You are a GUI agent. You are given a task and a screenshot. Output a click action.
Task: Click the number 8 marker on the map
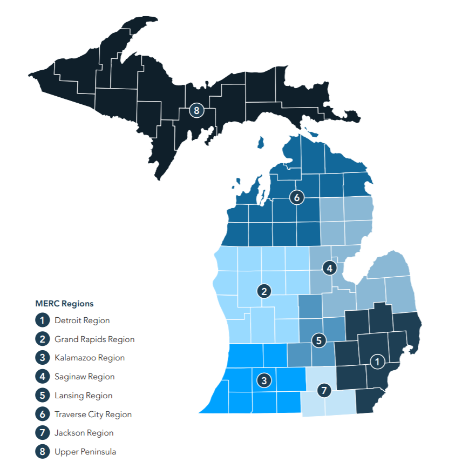196,111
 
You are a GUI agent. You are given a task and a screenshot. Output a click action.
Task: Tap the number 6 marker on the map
296,197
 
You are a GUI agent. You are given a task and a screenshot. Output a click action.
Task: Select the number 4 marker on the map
329,267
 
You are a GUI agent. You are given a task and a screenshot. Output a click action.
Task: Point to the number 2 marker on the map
264,291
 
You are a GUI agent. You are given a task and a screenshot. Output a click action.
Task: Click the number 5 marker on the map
319,340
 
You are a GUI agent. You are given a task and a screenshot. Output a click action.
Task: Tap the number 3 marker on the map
264,380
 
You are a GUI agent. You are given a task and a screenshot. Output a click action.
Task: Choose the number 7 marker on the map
324,390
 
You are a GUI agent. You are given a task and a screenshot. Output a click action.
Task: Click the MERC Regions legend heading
64,303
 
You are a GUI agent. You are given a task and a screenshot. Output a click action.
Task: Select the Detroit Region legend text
82,320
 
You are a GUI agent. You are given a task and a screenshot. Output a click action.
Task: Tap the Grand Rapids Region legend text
94,339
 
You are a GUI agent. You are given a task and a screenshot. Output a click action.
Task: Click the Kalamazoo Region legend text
90,358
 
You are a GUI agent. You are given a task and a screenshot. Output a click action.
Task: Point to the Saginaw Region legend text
84,377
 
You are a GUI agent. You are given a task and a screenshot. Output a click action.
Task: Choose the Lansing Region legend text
83,396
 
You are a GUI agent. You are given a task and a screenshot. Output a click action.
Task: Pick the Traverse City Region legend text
93,414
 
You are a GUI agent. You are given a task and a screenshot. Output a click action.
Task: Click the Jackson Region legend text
84,433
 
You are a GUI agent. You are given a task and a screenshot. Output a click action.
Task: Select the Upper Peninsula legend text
85,452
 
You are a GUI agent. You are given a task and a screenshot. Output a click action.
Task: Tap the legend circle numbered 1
42,320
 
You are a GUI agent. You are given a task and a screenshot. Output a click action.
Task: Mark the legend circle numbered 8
42,452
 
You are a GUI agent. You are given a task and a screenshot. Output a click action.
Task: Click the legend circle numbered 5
42,396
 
